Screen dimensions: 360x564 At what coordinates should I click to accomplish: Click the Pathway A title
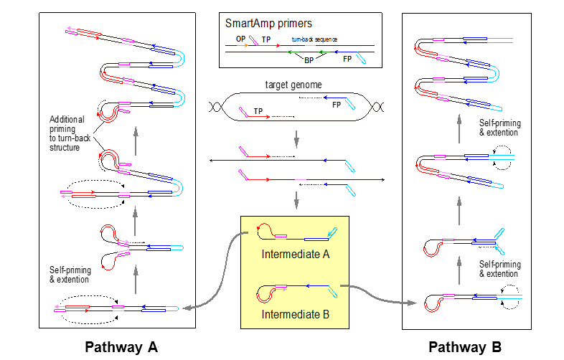(121, 347)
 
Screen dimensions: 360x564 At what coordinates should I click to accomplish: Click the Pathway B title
(465, 347)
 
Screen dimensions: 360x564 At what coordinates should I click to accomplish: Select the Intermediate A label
(295, 253)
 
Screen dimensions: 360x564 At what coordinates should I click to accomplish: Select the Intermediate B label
(295, 313)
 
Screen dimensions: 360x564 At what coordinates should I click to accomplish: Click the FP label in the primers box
(347, 60)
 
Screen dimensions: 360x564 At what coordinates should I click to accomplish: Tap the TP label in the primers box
(266, 40)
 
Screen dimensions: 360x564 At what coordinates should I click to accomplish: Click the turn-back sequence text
(314, 39)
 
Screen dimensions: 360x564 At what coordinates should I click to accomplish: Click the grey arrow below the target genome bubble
(296, 136)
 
